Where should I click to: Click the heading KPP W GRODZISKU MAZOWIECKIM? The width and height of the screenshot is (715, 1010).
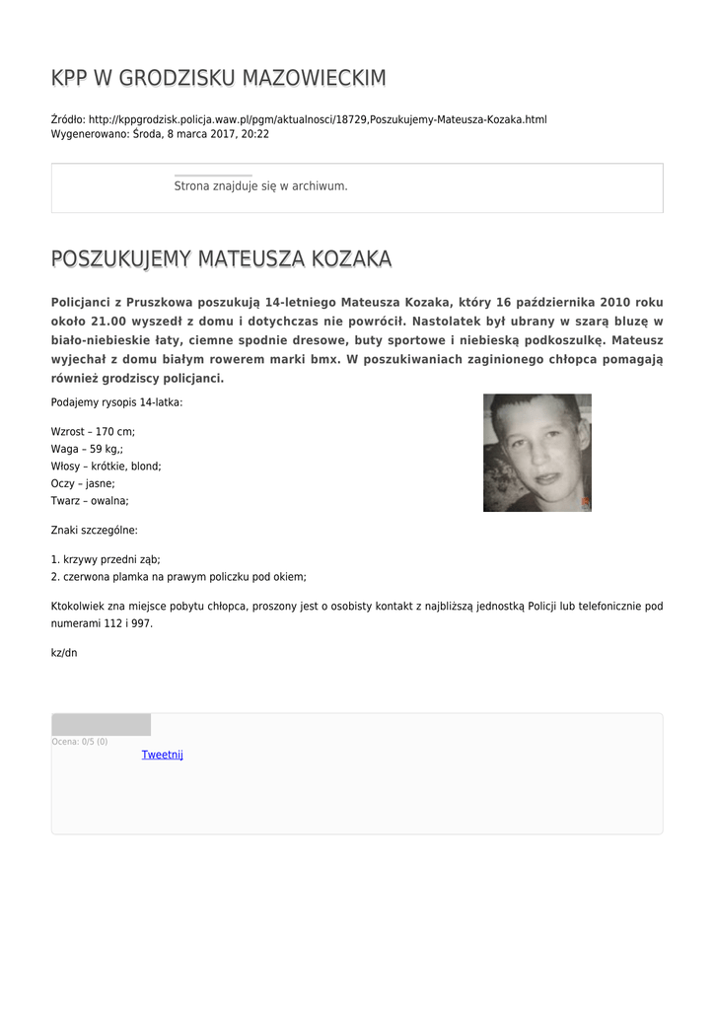218,78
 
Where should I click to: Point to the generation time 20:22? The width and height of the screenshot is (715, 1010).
255,134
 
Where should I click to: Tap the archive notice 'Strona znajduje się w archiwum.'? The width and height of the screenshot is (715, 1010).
260,185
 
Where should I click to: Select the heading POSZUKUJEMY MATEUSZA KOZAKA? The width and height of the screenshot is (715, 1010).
221,259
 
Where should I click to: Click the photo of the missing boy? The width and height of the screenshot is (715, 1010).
536,453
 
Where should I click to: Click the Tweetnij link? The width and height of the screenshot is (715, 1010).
163,755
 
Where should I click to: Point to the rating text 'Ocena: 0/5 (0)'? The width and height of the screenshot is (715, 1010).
80,742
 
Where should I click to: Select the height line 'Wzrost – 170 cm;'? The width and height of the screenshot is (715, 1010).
93,432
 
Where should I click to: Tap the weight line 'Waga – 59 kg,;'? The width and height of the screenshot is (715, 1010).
87,449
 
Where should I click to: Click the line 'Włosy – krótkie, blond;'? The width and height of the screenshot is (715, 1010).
106,466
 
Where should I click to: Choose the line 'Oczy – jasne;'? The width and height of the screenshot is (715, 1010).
83,483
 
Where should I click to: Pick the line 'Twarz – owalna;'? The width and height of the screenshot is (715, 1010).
90,500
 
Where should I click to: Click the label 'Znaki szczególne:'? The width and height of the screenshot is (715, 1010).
94,530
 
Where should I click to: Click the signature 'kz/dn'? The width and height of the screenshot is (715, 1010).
63,653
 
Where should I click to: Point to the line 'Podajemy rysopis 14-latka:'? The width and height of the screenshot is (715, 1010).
116,401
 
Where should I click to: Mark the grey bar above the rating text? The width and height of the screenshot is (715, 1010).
101,725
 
